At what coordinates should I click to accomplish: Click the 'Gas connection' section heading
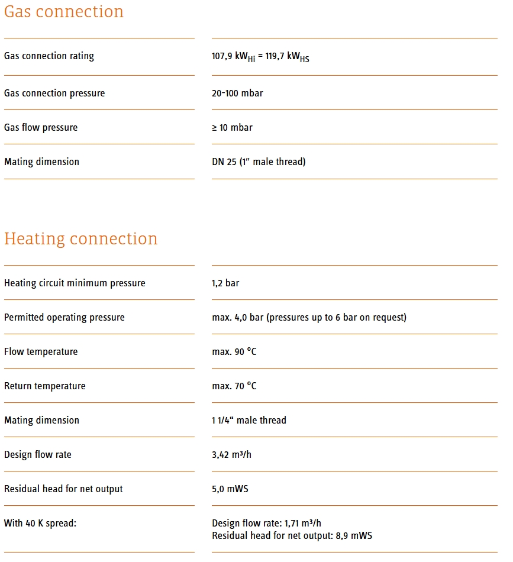pos(64,12)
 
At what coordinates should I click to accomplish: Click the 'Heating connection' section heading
pos(81,239)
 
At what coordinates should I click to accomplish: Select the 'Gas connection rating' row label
pos(49,56)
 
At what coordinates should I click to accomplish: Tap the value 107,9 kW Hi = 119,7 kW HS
pos(260,57)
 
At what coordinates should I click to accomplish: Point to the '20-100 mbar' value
pos(237,93)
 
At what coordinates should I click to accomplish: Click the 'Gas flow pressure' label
pos(41,128)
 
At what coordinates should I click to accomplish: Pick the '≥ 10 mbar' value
pos(232,128)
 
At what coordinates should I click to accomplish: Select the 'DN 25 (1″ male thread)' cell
pos(259,162)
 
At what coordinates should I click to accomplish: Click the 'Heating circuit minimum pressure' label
pos(75,283)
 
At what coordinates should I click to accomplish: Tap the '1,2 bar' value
pos(225,283)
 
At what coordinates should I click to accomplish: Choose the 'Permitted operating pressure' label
pos(64,318)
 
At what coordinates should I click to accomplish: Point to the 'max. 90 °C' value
pos(234,352)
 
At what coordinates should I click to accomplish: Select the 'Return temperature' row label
pos(45,386)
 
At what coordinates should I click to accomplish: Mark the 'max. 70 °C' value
pos(234,386)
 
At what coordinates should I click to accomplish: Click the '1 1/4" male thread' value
pos(249,421)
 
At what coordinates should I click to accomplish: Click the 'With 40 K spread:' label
pos(40,524)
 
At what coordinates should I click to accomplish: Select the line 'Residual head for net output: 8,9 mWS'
pos(292,536)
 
